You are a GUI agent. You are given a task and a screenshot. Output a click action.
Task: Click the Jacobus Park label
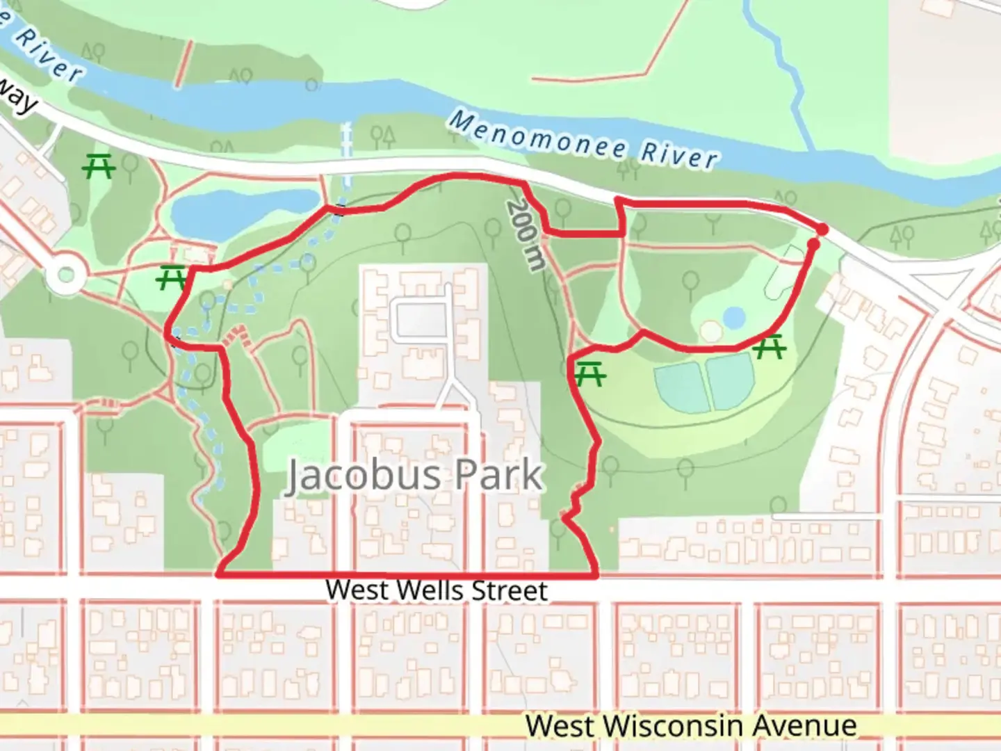coord(414,476)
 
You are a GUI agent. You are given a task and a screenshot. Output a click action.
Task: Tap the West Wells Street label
coord(437,590)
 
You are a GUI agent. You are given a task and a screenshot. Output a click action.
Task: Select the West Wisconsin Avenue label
coord(691,725)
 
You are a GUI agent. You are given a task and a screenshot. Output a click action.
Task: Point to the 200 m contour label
coord(526,235)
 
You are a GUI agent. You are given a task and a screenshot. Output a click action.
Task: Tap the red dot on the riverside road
coord(822,229)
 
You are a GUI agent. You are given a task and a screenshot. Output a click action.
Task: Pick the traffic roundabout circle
coord(66,275)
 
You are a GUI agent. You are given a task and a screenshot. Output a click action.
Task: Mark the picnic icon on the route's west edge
coord(170,278)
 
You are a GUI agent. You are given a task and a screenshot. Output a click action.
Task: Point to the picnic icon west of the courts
coord(589,375)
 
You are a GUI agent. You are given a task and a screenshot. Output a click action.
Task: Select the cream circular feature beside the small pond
coord(710,331)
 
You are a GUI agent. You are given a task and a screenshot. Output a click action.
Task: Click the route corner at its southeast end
coord(596,575)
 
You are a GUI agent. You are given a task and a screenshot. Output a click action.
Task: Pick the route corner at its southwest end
coord(220,575)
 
